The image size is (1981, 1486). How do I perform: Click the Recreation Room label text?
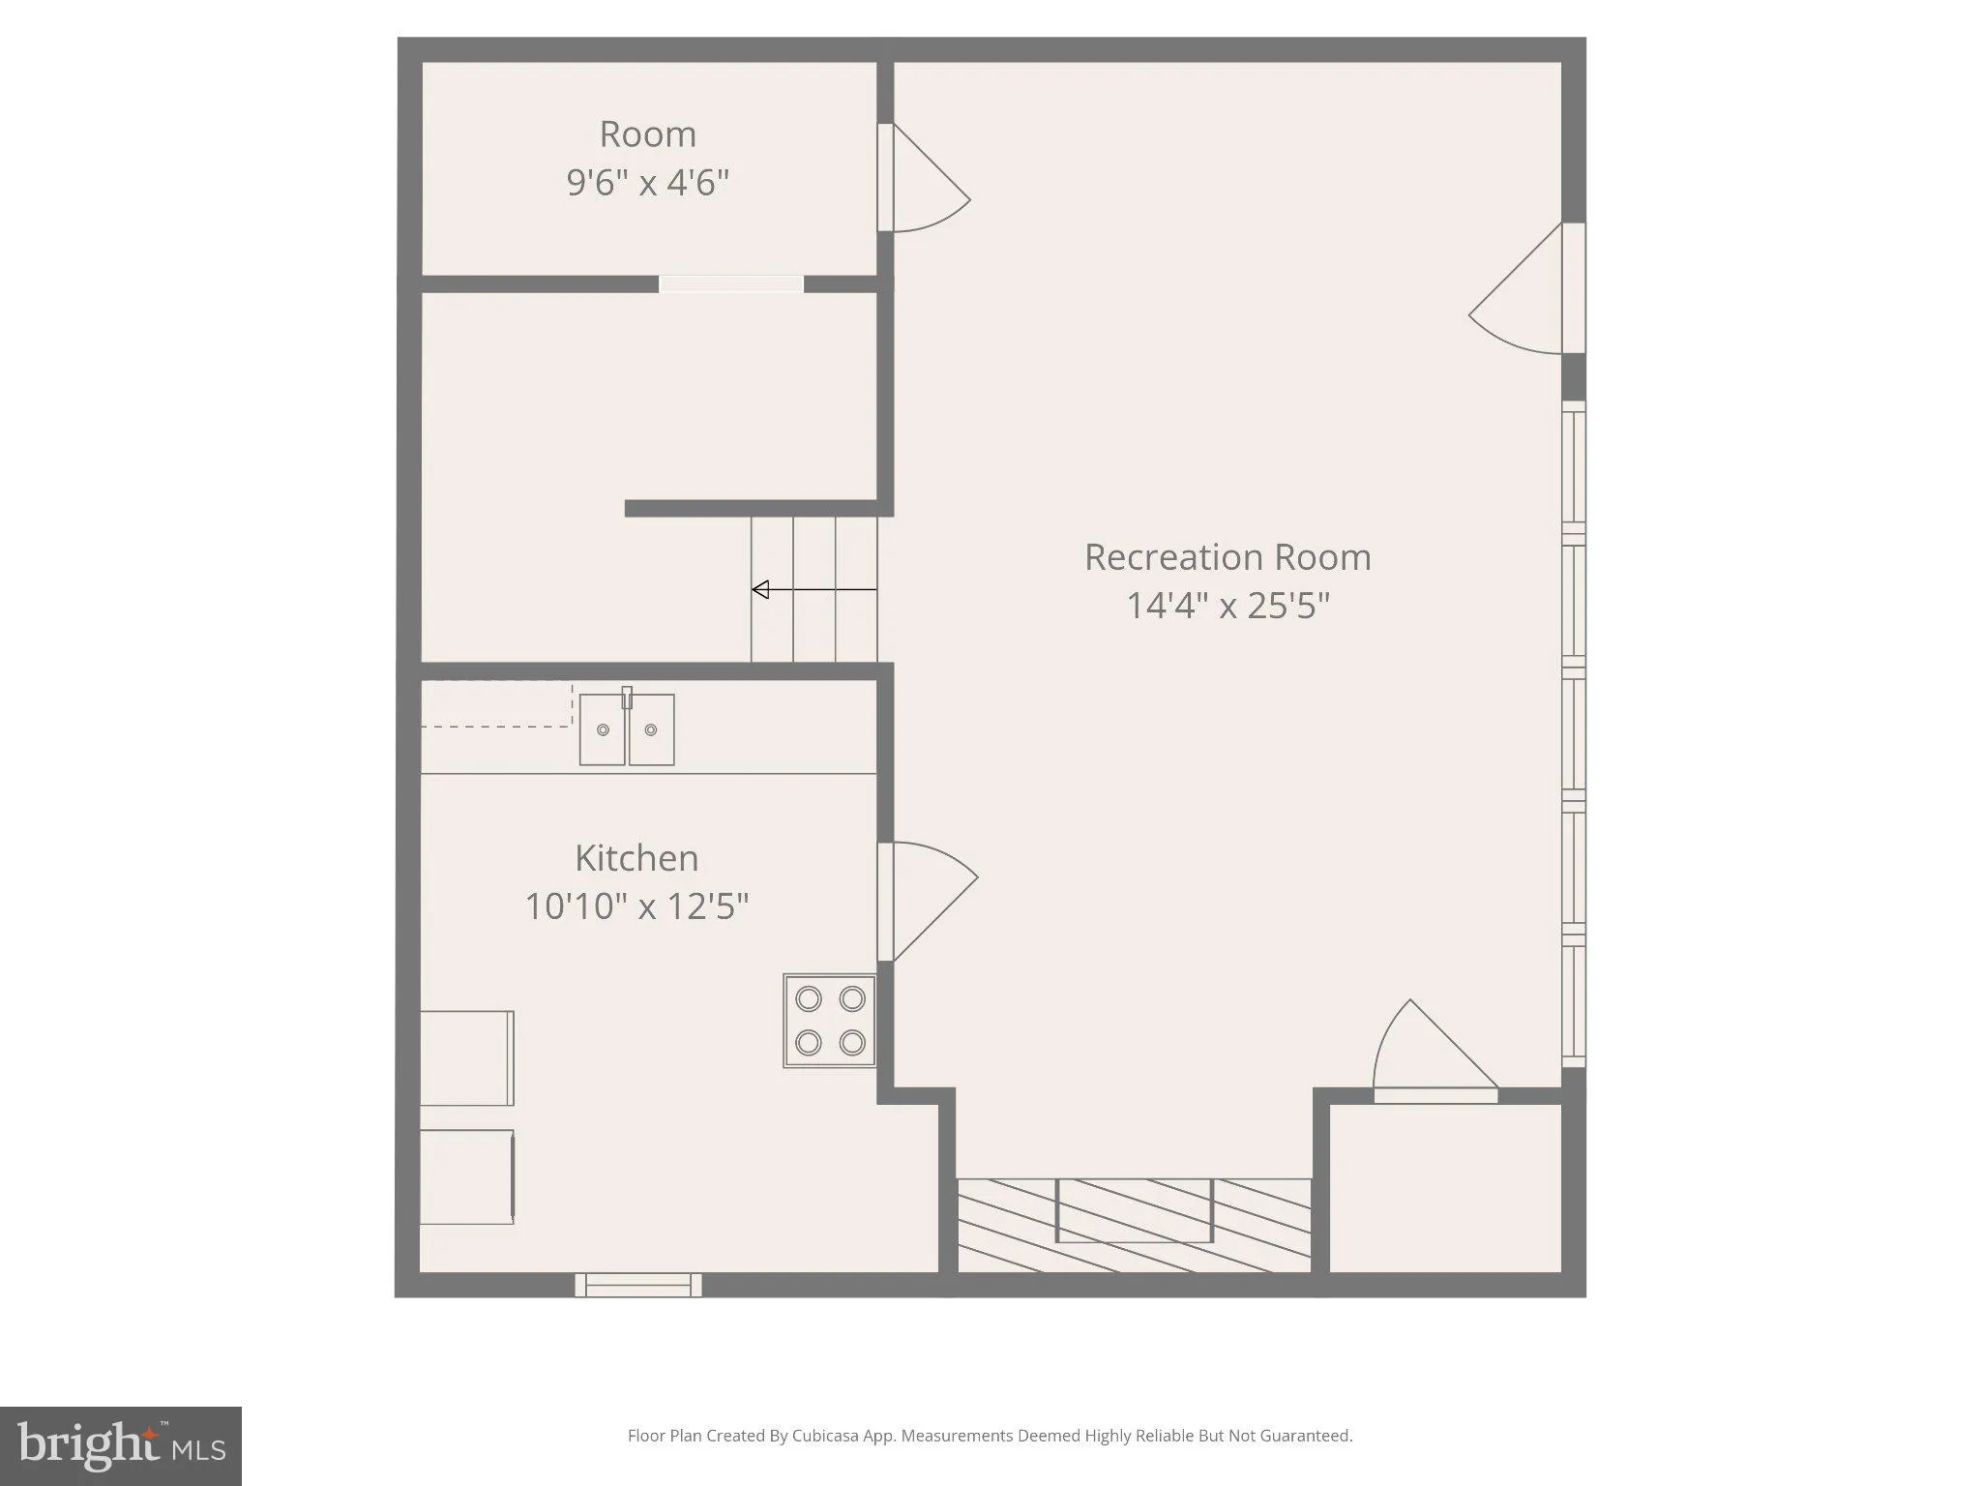[1227, 557]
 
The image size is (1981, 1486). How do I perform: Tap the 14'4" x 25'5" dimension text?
[1228, 606]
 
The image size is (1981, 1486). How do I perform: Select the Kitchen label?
[636, 858]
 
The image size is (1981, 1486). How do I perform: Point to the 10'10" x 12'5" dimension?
[636, 906]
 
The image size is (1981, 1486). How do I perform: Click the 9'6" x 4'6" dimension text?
[647, 182]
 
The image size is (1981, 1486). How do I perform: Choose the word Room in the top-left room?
[648, 134]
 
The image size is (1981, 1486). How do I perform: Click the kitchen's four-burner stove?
[830, 1021]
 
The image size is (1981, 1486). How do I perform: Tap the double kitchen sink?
[627, 728]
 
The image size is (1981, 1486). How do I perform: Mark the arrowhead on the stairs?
[760, 589]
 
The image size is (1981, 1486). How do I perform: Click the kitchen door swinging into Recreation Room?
[927, 902]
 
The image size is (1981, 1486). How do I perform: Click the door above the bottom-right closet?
[1435, 1052]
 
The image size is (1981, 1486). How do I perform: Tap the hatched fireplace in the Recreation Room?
[1134, 1225]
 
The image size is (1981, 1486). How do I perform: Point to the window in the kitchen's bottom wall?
[638, 1285]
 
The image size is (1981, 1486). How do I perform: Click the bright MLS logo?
[121, 1446]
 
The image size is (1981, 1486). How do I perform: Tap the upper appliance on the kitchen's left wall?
[467, 1058]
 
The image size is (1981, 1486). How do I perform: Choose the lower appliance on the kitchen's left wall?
[467, 1176]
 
